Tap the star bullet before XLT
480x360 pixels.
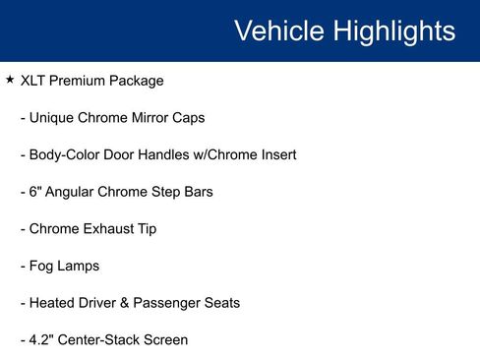coord(10,80)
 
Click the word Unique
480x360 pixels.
coord(52,118)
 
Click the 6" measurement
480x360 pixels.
coord(34,192)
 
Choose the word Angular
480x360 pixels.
coord(70,192)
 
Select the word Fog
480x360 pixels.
coord(42,267)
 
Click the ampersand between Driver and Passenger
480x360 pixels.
coord(132,303)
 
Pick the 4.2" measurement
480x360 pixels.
coord(42,340)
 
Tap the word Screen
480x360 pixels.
coord(165,340)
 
